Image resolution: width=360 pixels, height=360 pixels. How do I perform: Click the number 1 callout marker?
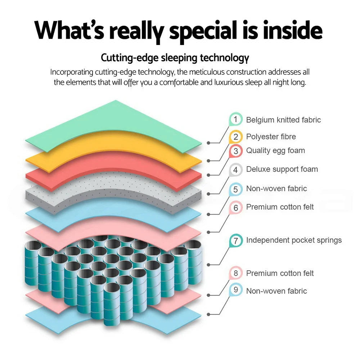tap(235, 119)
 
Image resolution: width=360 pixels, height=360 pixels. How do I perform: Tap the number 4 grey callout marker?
tap(235, 170)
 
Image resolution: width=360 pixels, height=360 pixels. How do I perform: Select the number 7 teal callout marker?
tap(236, 240)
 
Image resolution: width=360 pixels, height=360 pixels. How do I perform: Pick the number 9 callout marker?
tap(236, 290)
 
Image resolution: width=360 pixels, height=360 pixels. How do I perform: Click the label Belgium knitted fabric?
tap(283, 120)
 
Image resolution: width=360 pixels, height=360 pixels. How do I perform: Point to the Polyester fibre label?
tap(271, 136)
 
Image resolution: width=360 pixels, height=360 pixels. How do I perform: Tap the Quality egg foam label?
tap(275, 150)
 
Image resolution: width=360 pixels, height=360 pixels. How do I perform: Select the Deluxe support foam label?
tap(282, 169)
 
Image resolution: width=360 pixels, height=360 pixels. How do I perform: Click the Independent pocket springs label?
tap(294, 240)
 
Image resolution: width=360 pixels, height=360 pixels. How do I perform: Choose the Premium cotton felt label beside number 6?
tap(280, 207)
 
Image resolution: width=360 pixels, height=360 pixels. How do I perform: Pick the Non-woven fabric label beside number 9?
tap(276, 291)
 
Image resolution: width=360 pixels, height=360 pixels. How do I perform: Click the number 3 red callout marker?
tap(235, 151)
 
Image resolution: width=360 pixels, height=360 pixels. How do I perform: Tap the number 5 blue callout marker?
tap(235, 189)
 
